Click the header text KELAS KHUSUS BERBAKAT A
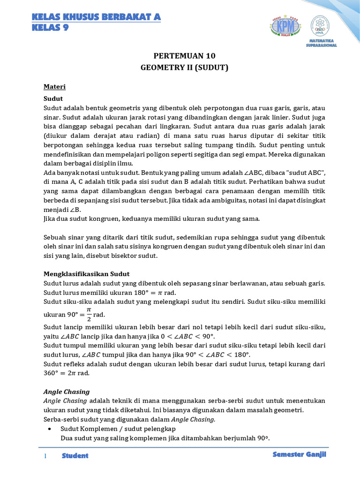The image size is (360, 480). point(96,17)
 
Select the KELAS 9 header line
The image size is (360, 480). point(50,28)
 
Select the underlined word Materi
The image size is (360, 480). point(54,87)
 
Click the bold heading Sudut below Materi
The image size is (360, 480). point(53,98)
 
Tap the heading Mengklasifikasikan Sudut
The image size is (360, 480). point(86,274)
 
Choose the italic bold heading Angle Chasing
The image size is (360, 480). point(66,391)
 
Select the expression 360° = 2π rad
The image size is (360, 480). point(67,373)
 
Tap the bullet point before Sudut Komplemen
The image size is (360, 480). point(50,429)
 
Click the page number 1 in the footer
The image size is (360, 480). point(45,456)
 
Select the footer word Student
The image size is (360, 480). point(75,456)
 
